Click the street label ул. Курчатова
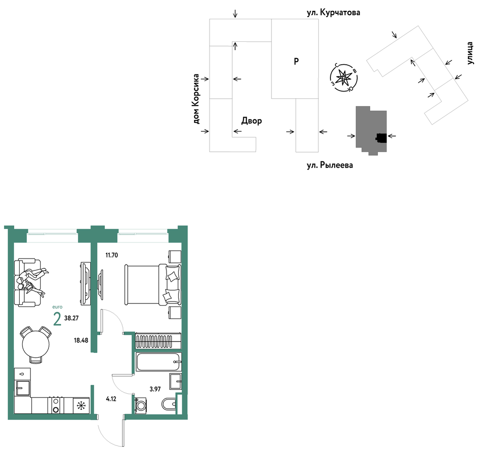pyautogui.click(x=334, y=13)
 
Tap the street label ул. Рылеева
pyautogui.click(x=330, y=165)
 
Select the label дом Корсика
pyautogui.click(x=196, y=99)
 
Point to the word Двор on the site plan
pyautogui.click(x=251, y=121)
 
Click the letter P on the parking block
pyautogui.click(x=296, y=61)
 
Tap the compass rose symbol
pyautogui.click(x=344, y=77)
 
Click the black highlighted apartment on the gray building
pyautogui.click(x=381, y=138)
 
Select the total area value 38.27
pyautogui.click(x=71, y=318)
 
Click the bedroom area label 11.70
pyautogui.click(x=112, y=255)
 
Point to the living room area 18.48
pyautogui.click(x=81, y=340)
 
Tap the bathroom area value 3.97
pyautogui.click(x=155, y=389)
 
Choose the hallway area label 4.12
pyautogui.click(x=111, y=399)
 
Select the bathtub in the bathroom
pyautogui.click(x=159, y=362)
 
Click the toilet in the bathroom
pyautogui.click(x=169, y=404)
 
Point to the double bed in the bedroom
pyautogui.click(x=153, y=285)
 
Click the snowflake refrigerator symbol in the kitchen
pyautogui.click(x=81, y=406)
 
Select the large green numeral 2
pyautogui.click(x=57, y=319)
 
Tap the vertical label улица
pyautogui.click(x=470, y=53)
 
